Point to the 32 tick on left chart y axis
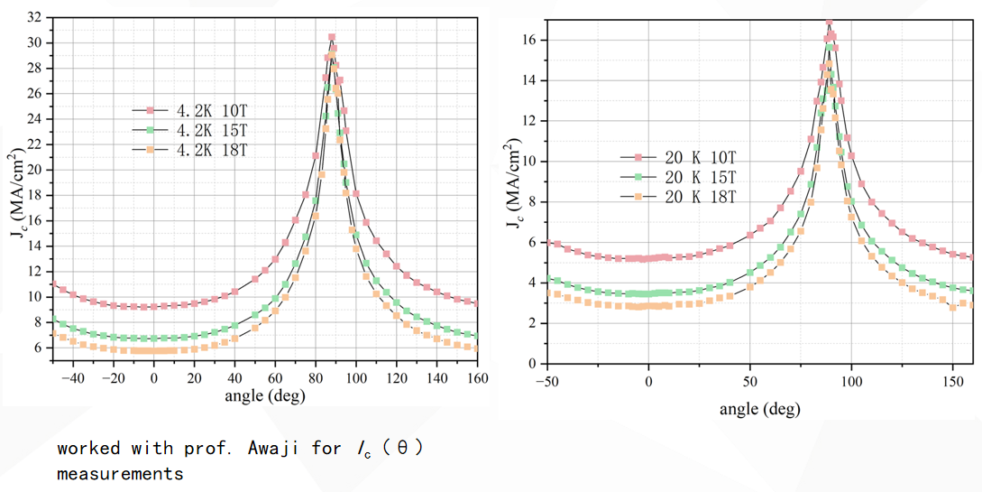coord(35,17)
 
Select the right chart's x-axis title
coord(759,409)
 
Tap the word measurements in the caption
coord(120,473)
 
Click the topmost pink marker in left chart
coord(332,37)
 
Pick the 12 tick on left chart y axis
coord(35,272)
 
